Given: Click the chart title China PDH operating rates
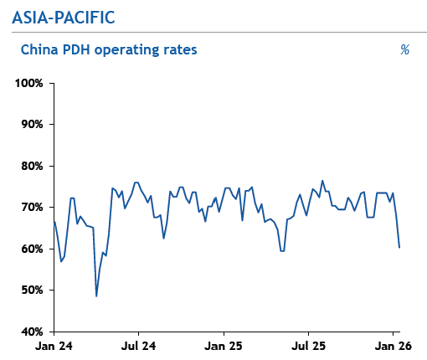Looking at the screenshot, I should [108, 49].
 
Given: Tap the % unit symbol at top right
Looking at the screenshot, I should [404, 50].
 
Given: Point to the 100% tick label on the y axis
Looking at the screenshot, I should [29, 84].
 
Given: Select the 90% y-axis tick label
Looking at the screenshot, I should [32, 125].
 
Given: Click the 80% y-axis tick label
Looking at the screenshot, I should [32, 166].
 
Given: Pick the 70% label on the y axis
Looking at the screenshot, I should [32, 207].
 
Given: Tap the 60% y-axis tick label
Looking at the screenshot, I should [32, 249].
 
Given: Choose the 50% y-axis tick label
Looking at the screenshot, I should [32, 290].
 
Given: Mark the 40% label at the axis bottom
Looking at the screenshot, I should [32, 332].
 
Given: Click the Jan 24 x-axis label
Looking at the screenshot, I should [54, 345].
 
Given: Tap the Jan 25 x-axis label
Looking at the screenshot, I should [224, 345].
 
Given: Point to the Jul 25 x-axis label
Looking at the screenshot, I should [309, 345].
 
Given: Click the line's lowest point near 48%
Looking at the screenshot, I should [96, 296].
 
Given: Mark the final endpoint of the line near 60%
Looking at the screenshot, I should [399, 247].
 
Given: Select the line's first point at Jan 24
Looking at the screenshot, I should [54, 221].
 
